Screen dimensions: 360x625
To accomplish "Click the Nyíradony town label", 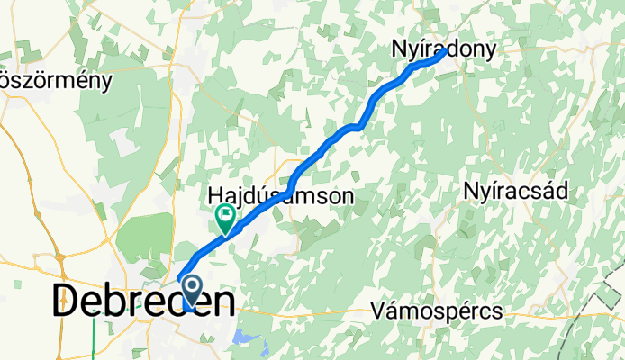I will tap(444, 51).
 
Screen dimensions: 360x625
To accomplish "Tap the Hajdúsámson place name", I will tap(281, 194).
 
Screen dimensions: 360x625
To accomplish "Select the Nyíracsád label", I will tap(515, 191).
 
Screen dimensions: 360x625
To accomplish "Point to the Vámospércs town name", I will tap(437, 311).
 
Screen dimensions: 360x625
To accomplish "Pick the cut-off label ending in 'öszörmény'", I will tap(56, 80).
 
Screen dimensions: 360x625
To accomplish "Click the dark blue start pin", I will tap(193, 292).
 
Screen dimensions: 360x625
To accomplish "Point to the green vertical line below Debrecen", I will tap(94, 337).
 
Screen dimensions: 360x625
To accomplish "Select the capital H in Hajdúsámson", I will tap(216, 194).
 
